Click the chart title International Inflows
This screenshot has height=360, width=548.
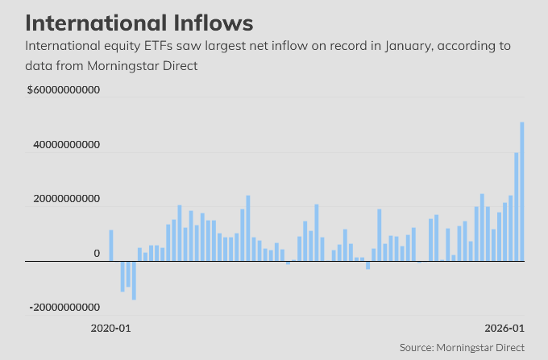pyautogui.click(x=139, y=21)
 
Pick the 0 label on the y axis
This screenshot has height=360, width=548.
pyautogui.click(x=97, y=254)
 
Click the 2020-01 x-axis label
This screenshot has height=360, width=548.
pyautogui.click(x=110, y=329)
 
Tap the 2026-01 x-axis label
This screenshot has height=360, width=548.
pyautogui.click(x=504, y=329)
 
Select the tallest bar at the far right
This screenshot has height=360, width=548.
pyautogui.click(x=522, y=191)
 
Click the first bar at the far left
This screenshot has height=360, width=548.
pyautogui.click(x=111, y=245)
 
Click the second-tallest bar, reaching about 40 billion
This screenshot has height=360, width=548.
pyautogui.click(x=517, y=206)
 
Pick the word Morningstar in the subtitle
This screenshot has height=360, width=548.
pyautogui.click(x=116, y=65)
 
